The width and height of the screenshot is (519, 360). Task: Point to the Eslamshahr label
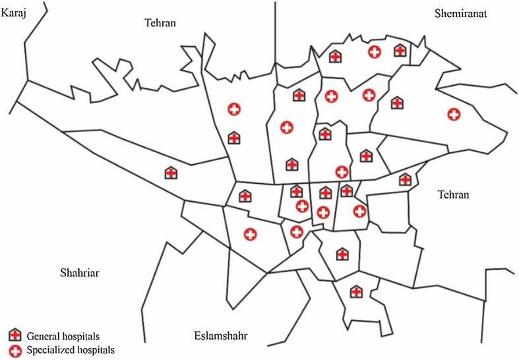click(221, 336)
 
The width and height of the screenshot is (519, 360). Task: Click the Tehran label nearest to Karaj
click(161, 23)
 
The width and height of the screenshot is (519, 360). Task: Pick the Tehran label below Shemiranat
click(453, 195)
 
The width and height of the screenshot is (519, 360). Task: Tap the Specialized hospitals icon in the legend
click(15, 349)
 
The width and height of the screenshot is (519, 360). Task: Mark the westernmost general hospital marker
click(171, 173)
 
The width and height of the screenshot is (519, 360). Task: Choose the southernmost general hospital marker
click(356, 291)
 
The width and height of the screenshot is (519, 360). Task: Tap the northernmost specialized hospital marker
click(374, 51)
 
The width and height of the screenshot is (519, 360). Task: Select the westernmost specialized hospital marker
click(234, 109)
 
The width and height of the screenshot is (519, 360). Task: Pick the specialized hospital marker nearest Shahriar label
click(250, 233)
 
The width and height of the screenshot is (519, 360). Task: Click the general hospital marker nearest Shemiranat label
click(400, 50)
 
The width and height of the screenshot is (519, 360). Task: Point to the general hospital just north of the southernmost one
click(342, 254)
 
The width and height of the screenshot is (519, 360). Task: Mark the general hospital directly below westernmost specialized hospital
click(234, 138)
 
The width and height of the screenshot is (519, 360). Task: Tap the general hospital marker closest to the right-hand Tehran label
click(405, 179)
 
